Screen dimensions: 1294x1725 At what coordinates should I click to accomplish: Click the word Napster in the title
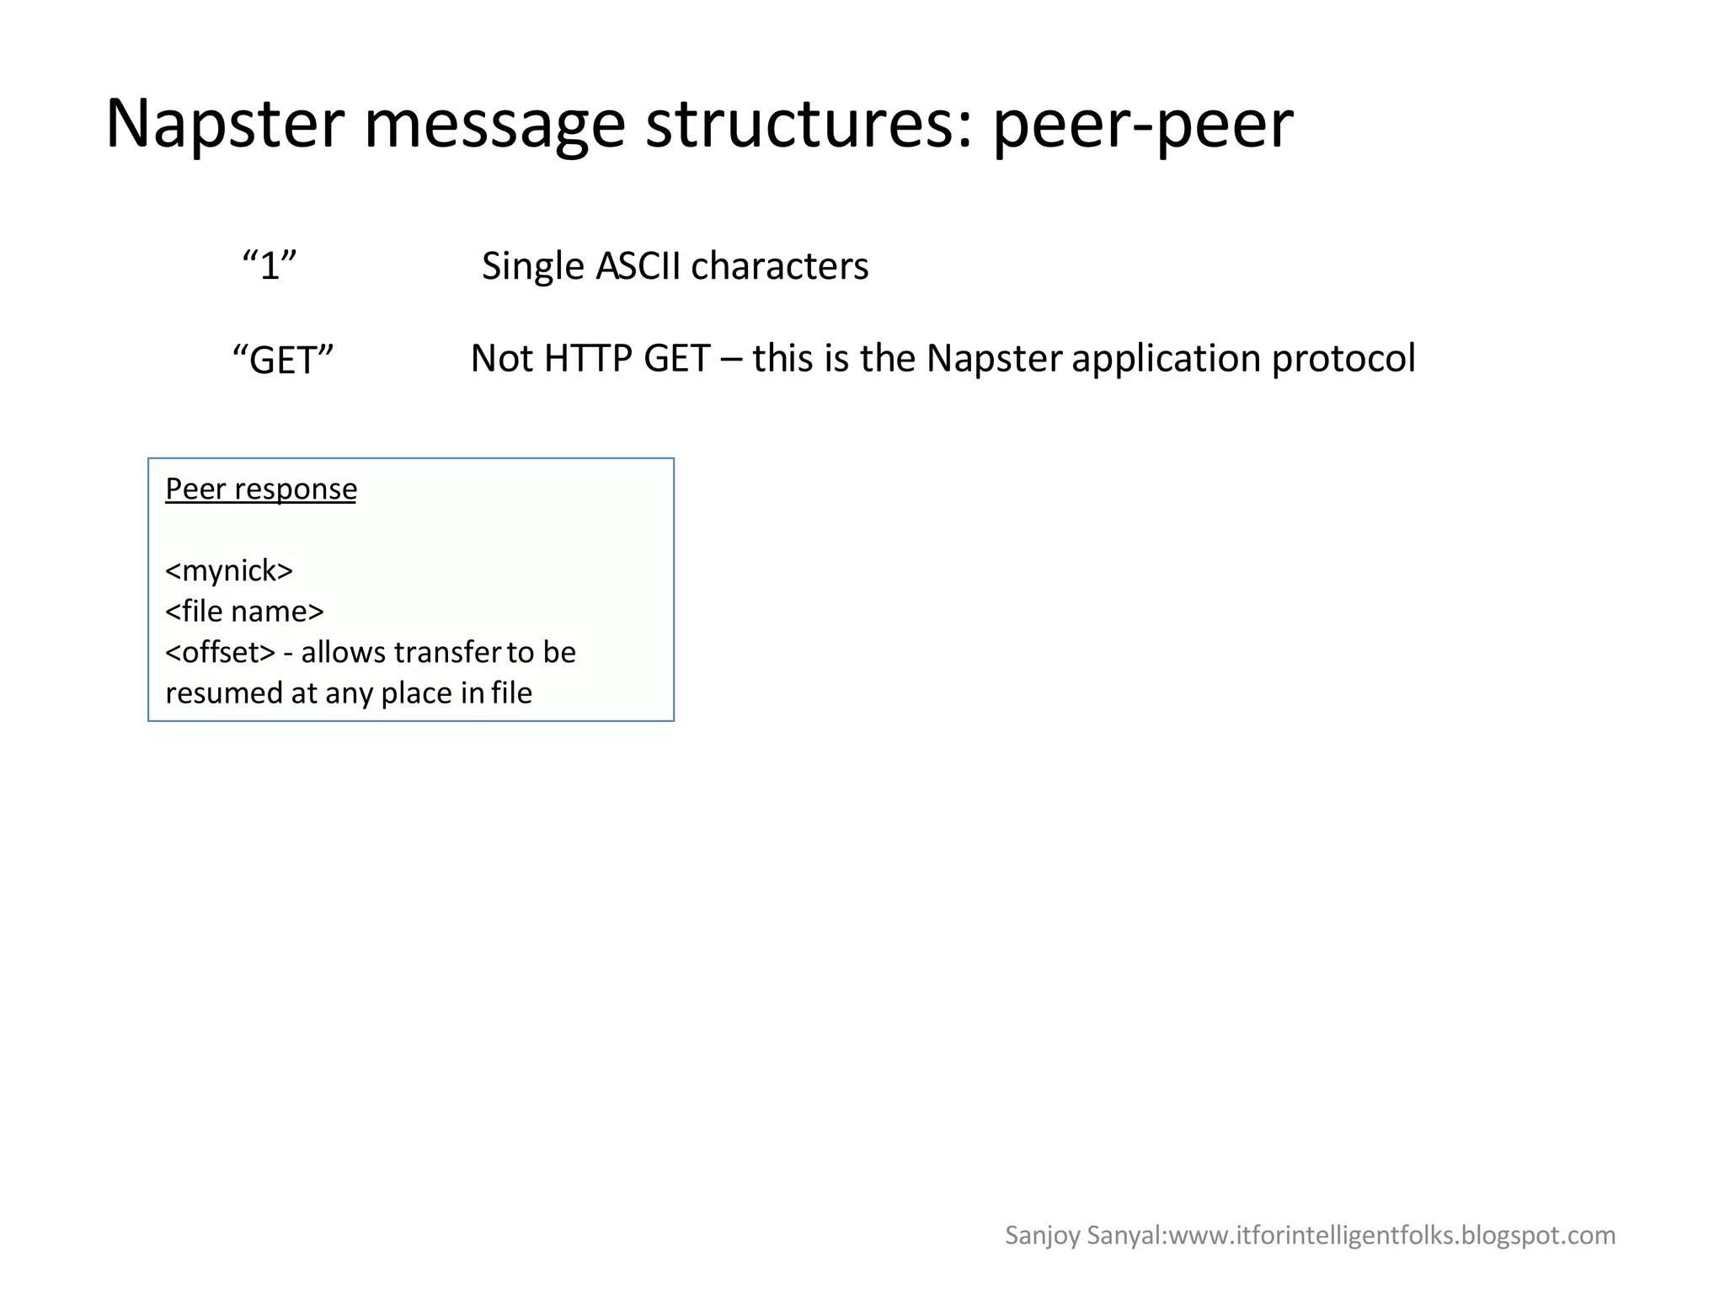[225, 124]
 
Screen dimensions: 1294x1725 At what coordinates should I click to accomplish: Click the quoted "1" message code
[270, 266]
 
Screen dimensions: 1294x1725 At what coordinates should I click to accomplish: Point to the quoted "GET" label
[283, 360]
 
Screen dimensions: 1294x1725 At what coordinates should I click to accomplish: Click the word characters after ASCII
[779, 266]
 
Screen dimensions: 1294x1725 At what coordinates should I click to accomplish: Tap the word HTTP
[588, 359]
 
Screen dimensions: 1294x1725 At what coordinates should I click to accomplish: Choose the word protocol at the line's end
[1343, 359]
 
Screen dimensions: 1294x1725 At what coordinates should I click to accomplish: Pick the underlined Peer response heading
[260, 489]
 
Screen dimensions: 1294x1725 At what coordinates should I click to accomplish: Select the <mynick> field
[229, 571]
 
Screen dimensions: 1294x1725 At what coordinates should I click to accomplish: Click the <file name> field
[244, 612]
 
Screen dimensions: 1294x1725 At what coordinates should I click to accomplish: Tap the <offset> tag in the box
[221, 652]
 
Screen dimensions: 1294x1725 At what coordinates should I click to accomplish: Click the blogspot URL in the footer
[1393, 1235]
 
